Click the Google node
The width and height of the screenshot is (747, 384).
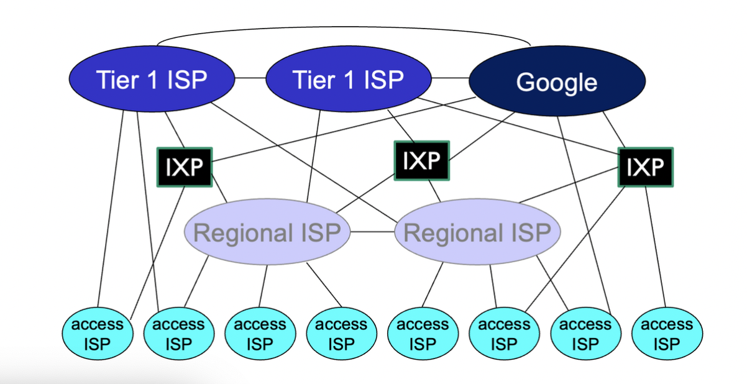[x=557, y=81]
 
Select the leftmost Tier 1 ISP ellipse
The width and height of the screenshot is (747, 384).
[x=152, y=80]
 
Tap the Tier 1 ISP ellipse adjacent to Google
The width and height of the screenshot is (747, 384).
[x=348, y=80]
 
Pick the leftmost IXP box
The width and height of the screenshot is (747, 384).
[x=184, y=167]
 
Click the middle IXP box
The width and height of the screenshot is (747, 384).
[x=421, y=161]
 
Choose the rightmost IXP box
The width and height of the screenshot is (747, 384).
[x=645, y=167]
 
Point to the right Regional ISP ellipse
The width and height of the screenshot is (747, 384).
[x=477, y=234]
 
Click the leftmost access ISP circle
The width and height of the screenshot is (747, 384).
[x=98, y=334]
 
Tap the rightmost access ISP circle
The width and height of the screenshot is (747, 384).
[x=667, y=334]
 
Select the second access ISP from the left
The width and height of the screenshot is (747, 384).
[x=178, y=334]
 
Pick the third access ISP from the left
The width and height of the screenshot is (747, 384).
[x=260, y=334]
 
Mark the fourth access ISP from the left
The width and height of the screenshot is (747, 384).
[x=341, y=334]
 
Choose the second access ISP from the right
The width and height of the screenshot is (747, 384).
[x=585, y=334]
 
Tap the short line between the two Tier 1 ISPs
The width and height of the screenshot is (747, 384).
[x=250, y=78]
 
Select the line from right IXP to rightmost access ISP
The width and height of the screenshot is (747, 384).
[x=656, y=249]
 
